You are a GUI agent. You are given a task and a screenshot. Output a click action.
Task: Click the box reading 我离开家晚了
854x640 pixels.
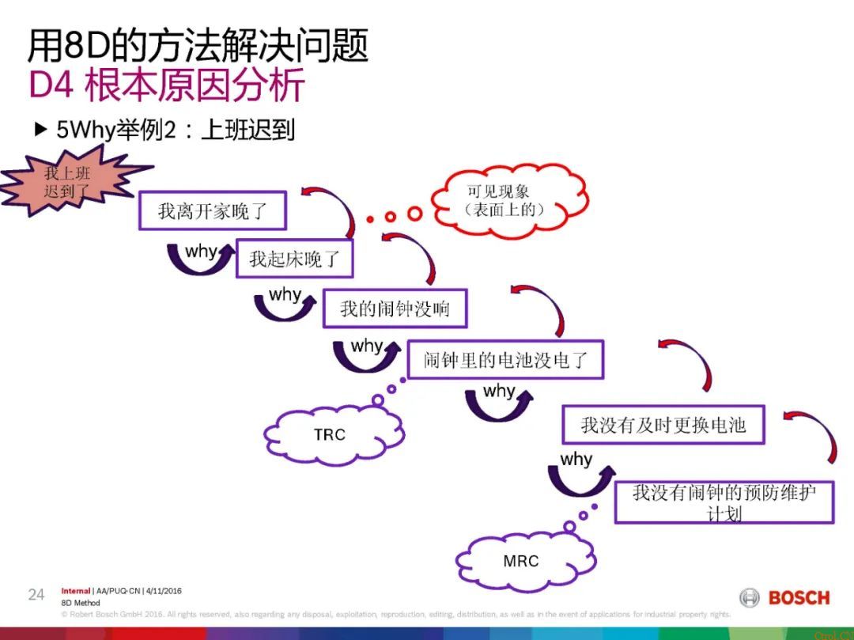(212, 211)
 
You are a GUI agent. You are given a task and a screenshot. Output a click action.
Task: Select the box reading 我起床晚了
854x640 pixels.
(294, 259)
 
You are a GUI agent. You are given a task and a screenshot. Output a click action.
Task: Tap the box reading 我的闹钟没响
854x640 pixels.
(395, 309)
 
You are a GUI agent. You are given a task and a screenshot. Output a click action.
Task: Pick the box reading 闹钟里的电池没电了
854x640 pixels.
(505, 361)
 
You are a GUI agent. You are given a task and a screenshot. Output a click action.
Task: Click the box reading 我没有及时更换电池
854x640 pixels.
(663, 425)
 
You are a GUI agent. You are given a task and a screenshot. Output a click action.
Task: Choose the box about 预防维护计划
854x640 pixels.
(724, 502)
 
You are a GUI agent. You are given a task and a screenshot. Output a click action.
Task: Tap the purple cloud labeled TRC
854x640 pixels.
(330, 434)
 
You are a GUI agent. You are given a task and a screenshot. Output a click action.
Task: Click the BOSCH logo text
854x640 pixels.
(799, 597)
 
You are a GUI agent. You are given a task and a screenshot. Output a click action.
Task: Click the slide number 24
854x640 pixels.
(36, 595)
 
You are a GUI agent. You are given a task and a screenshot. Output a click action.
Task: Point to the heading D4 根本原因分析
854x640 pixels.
(166, 85)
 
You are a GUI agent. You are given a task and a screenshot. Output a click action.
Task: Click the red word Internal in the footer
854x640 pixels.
(76, 591)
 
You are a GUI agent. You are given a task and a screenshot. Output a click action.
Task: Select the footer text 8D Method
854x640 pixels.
(81, 603)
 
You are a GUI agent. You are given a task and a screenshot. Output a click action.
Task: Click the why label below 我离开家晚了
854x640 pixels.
(201, 252)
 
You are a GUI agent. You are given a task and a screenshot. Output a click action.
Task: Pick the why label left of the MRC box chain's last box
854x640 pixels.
(576, 460)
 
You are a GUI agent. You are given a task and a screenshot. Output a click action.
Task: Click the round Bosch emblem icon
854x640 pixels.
(750, 597)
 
